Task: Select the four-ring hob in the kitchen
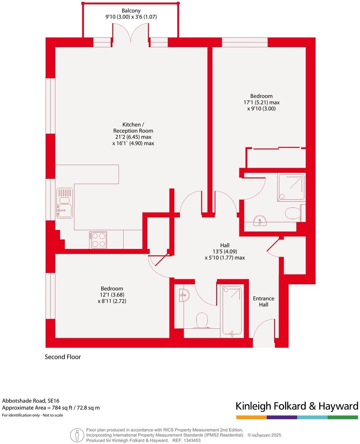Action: (98, 240)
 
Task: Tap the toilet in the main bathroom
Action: (202, 321)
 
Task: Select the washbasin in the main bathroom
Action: (184, 295)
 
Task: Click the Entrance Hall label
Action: (263, 302)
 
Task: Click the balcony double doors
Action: (131, 33)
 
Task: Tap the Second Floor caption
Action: (63, 357)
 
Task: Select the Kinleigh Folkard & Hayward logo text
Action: (297, 406)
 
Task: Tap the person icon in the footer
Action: (76, 435)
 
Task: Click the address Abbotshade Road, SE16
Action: (31, 400)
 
